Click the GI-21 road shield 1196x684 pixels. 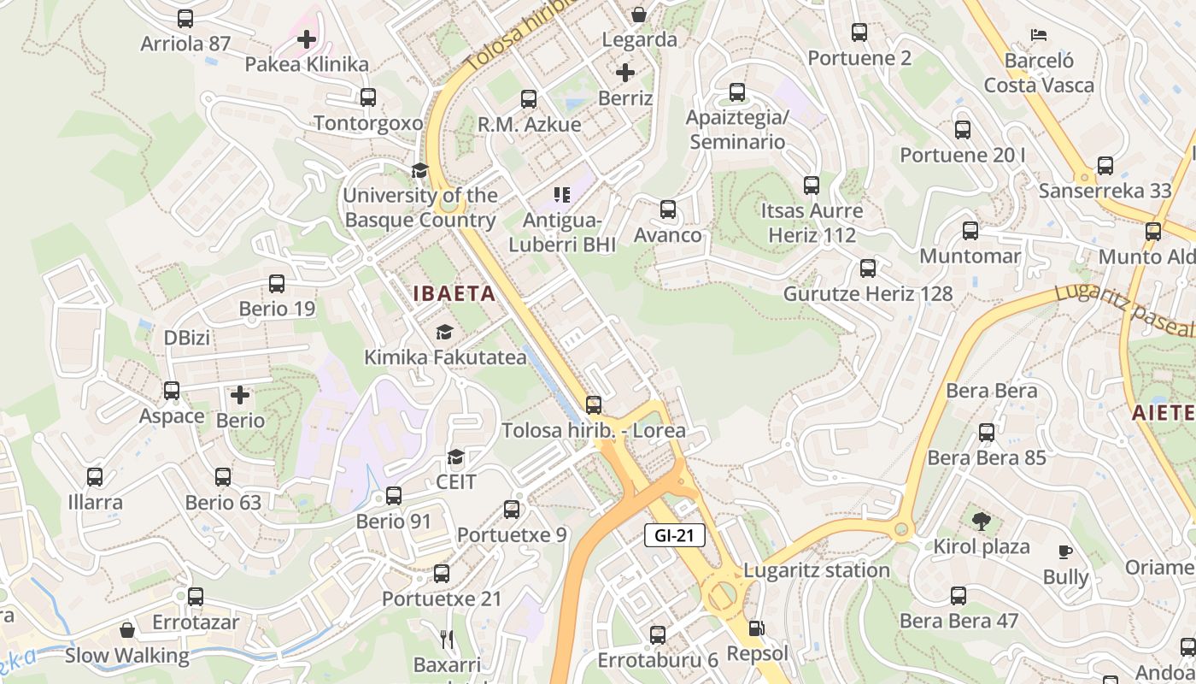[x=674, y=536]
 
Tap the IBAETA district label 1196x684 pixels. [x=454, y=294]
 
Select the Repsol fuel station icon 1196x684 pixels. [x=756, y=628]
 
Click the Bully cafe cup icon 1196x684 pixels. [x=1064, y=552]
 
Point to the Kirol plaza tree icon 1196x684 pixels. [x=981, y=521]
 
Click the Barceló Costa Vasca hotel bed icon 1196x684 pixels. [x=1038, y=35]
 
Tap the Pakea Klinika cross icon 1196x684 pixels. [x=307, y=39]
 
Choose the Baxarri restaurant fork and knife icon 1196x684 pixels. [x=446, y=639]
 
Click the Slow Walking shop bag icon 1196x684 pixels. [x=127, y=631]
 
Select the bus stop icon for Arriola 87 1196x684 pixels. [x=185, y=19]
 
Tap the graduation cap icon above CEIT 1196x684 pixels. [x=456, y=457]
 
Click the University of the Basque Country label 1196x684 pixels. [x=419, y=208]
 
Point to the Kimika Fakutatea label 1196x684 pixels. [x=445, y=357]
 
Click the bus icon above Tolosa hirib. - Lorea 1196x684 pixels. [x=594, y=404]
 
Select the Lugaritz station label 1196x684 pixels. [x=816, y=570]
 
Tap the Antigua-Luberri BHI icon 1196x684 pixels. [x=561, y=195]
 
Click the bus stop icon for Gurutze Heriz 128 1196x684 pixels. [x=868, y=268]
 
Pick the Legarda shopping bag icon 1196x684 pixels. [x=638, y=15]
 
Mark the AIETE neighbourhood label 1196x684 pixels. [x=1164, y=413]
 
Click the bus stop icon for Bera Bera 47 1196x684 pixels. [x=959, y=596]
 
